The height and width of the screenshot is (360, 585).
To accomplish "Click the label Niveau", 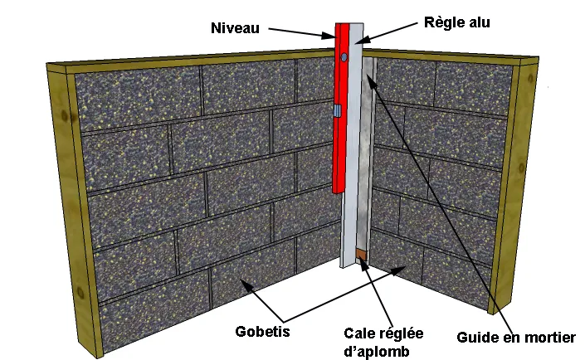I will [235, 28].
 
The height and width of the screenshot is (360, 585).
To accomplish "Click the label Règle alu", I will [456, 22].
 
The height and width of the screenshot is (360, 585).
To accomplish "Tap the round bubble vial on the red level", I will [343, 56].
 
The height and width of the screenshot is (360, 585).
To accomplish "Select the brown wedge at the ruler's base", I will [362, 254].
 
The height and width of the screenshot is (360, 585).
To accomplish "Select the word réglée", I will [402, 333].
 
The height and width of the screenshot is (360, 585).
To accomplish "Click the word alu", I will [477, 22].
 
